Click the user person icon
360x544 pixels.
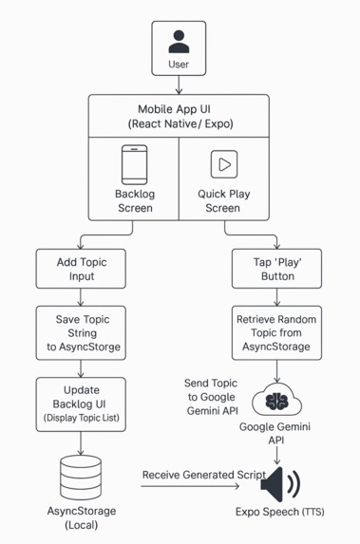(179, 42)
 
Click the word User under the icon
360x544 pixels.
(179, 65)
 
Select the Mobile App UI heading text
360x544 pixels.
(179, 117)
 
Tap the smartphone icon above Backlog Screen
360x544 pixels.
(134, 165)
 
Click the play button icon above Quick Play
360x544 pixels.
(224, 164)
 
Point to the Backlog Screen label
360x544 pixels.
(134, 200)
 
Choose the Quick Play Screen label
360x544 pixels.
(224, 200)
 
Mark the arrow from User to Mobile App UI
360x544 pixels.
(179, 84)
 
